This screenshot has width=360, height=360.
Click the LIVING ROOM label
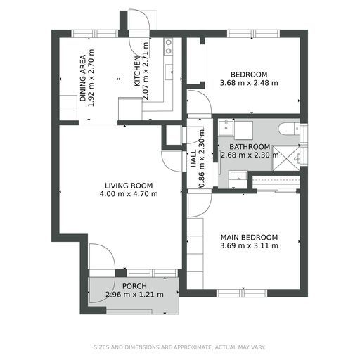129,186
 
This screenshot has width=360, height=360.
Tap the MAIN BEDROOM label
249,237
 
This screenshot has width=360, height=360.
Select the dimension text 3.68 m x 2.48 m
249,83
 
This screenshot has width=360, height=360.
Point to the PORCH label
134,286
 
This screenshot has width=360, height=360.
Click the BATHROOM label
250,147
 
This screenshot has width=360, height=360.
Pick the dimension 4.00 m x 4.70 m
129,194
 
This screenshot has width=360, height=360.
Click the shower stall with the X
286,158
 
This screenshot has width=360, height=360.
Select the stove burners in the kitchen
169,46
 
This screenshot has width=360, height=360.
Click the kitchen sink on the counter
169,72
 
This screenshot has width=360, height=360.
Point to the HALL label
193,159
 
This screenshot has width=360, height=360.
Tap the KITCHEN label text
137,71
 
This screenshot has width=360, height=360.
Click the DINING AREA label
83,78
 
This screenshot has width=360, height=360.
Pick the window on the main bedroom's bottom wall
241,293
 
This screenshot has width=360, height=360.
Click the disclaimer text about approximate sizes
179,347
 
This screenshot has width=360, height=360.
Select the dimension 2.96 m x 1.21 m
134,295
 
